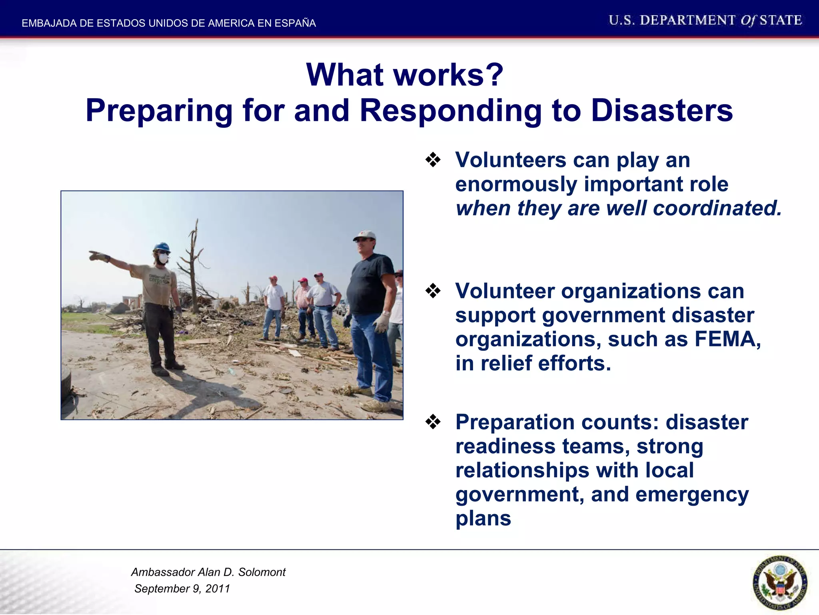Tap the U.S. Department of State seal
pyautogui.click(x=779, y=583)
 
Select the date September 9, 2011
pyautogui.click(x=182, y=589)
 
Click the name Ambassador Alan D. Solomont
pyautogui.click(x=208, y=572)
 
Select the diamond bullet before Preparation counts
pyautogui.click(x=433, y=422)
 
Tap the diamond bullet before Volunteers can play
pyautogui.click(x=433, y=160)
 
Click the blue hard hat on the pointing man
pyautogui.click(x=162, y=247)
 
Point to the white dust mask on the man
pyautogui.click(x=163, y=259)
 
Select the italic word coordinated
pyautogui.click(x=717, y=208)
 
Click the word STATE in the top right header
pyautogui.click(x=781, y=20)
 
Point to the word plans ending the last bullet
pyautogui.click(x=483, y=518)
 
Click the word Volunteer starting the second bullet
pyautogui.click(x=505, y=291)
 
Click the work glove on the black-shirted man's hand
pyautogui.click(x=381, y=323)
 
